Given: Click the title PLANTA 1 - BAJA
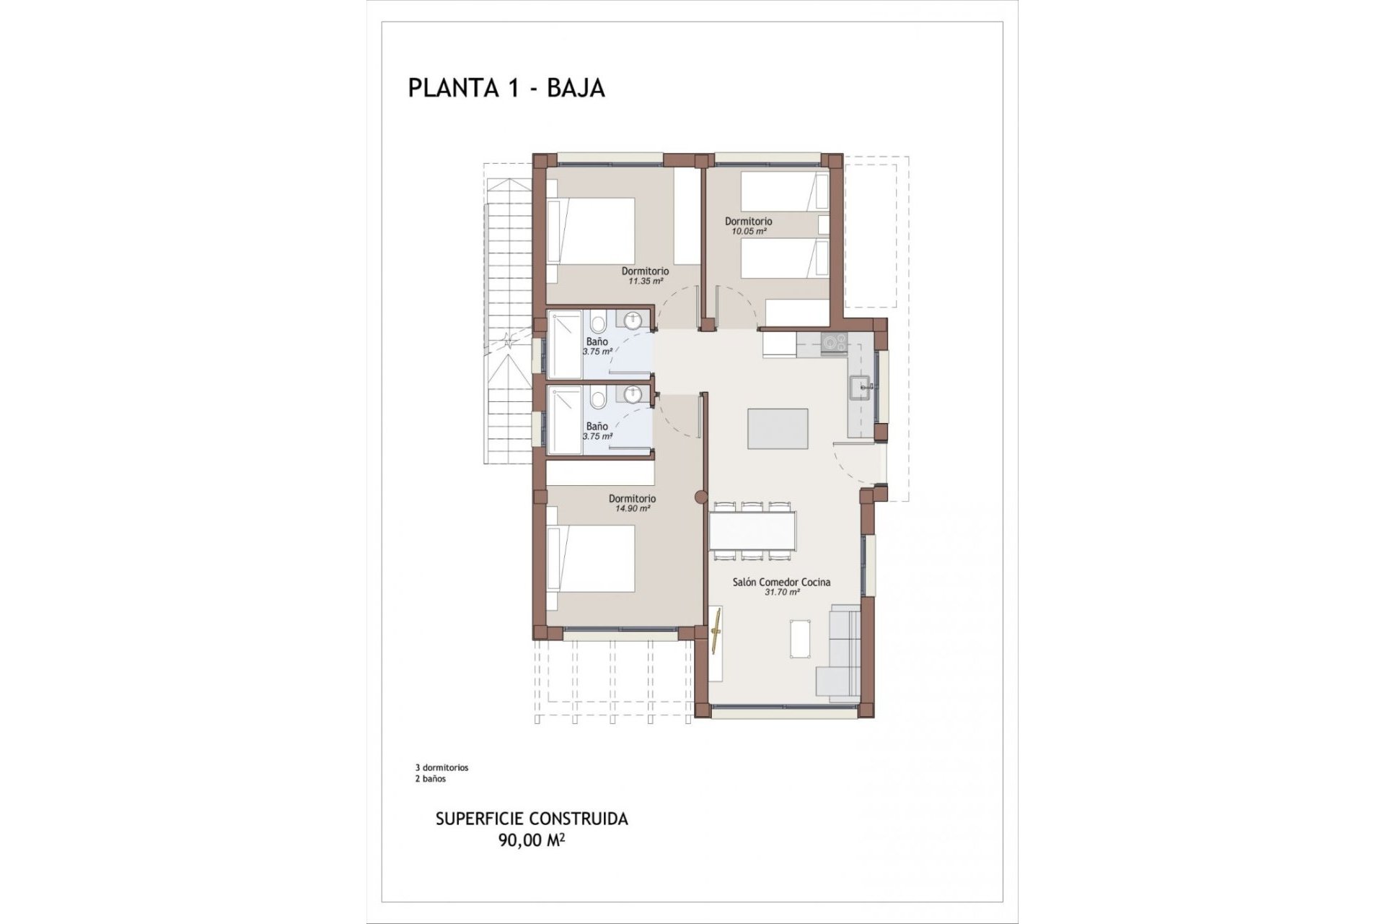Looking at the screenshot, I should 506,87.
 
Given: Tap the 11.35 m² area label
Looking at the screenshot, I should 645,282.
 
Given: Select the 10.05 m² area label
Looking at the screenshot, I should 748,232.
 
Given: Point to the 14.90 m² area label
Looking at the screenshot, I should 632,508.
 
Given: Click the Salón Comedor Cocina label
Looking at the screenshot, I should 781,582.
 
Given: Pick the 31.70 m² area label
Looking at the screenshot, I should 781,592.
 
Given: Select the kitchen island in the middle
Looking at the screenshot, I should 778,428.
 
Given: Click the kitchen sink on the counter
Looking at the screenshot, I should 861,388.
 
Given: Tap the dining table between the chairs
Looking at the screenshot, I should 752,531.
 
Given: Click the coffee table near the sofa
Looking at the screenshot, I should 801,639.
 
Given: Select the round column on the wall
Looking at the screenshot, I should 698,497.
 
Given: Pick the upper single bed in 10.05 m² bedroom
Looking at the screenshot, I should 783,191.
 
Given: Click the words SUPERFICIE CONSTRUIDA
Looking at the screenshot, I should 532,819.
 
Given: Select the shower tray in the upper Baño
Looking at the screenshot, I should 564,344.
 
